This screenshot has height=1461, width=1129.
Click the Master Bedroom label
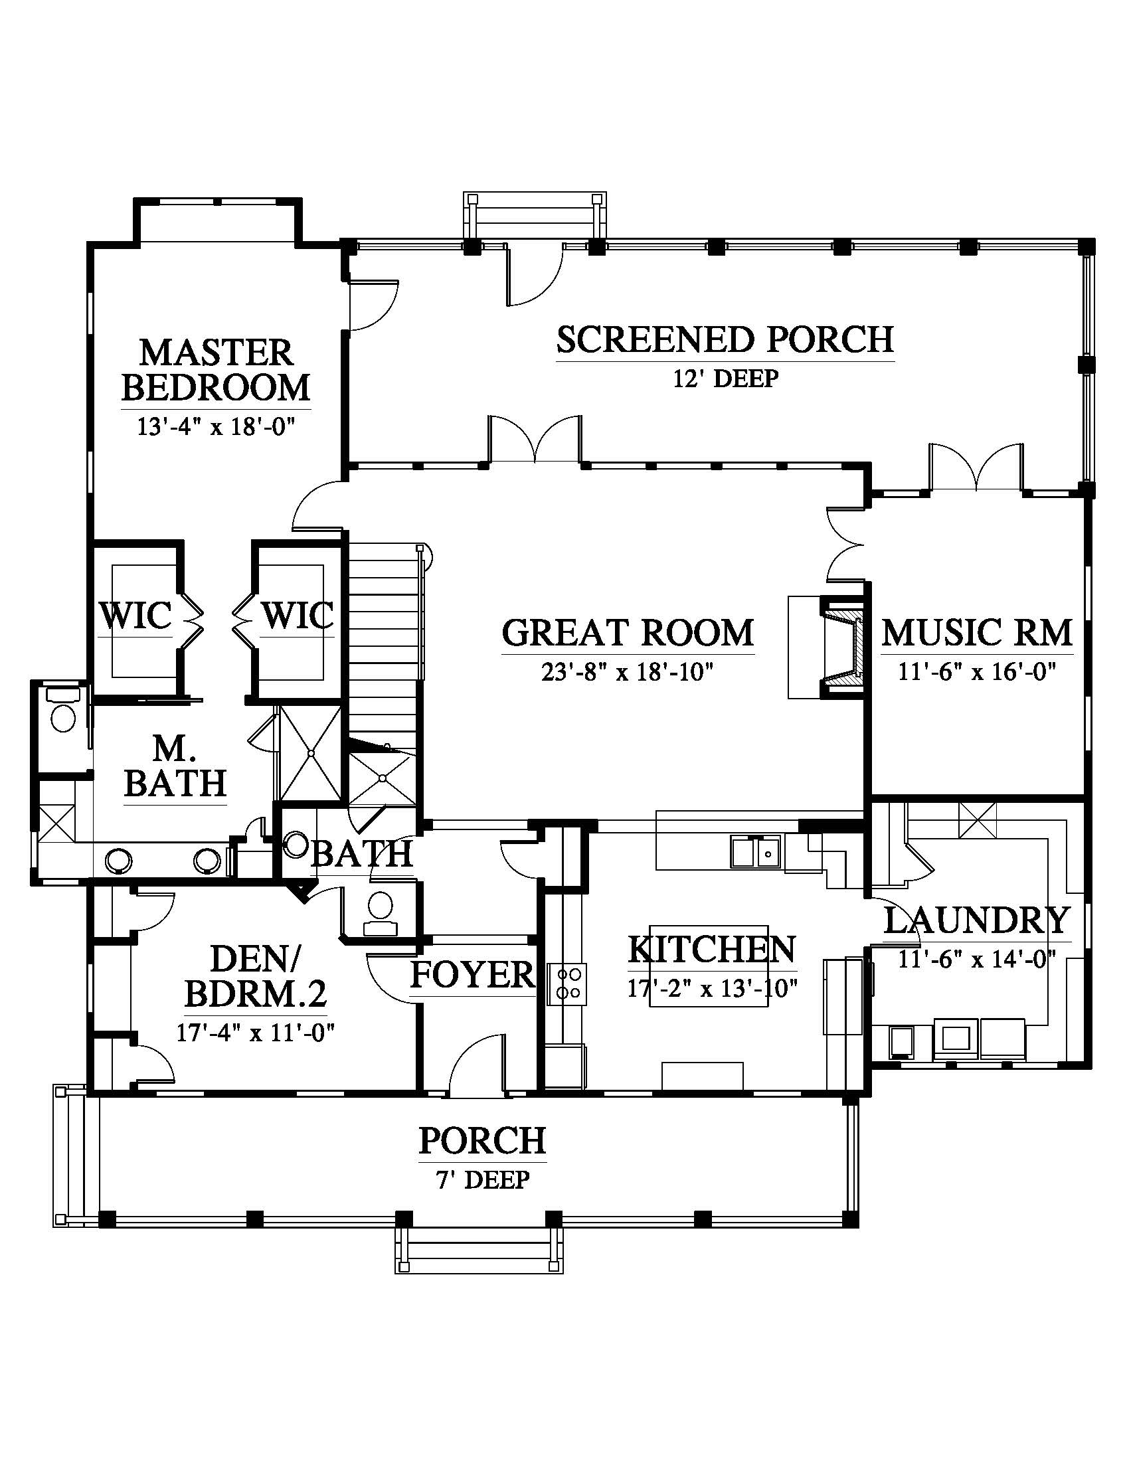tap(215, 370)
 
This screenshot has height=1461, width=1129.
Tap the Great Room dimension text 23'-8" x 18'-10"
tap(628, 671)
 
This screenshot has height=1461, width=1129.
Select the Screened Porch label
tap(725, 339)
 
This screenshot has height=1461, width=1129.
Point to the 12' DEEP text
tap(725, 379)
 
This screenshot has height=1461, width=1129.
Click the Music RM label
tap(976, 632)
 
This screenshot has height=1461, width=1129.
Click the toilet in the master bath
tap(63, 713)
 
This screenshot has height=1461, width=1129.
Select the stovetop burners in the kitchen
tap(567, 984)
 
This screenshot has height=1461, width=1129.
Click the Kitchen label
tap(712, 948)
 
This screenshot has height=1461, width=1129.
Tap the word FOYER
tap(473, 975)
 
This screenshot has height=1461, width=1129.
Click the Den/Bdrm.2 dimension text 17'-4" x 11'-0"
tap(256, 1033)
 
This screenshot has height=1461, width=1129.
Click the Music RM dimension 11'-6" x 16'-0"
tap(976, 671)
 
